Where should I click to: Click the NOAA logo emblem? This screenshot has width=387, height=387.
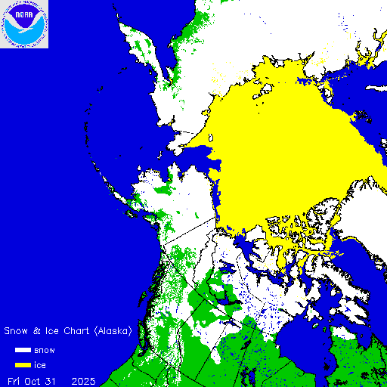click(x=24, y=24)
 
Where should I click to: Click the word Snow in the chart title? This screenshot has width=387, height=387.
click(x=17, y=331)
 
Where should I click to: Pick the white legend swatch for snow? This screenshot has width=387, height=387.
click(x=23, y=351)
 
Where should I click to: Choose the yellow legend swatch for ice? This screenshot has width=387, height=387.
click(x=23, y=365)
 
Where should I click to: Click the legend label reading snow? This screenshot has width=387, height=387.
click(x=45, y=351)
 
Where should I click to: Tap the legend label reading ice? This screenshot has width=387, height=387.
click(x=40, y=365)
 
